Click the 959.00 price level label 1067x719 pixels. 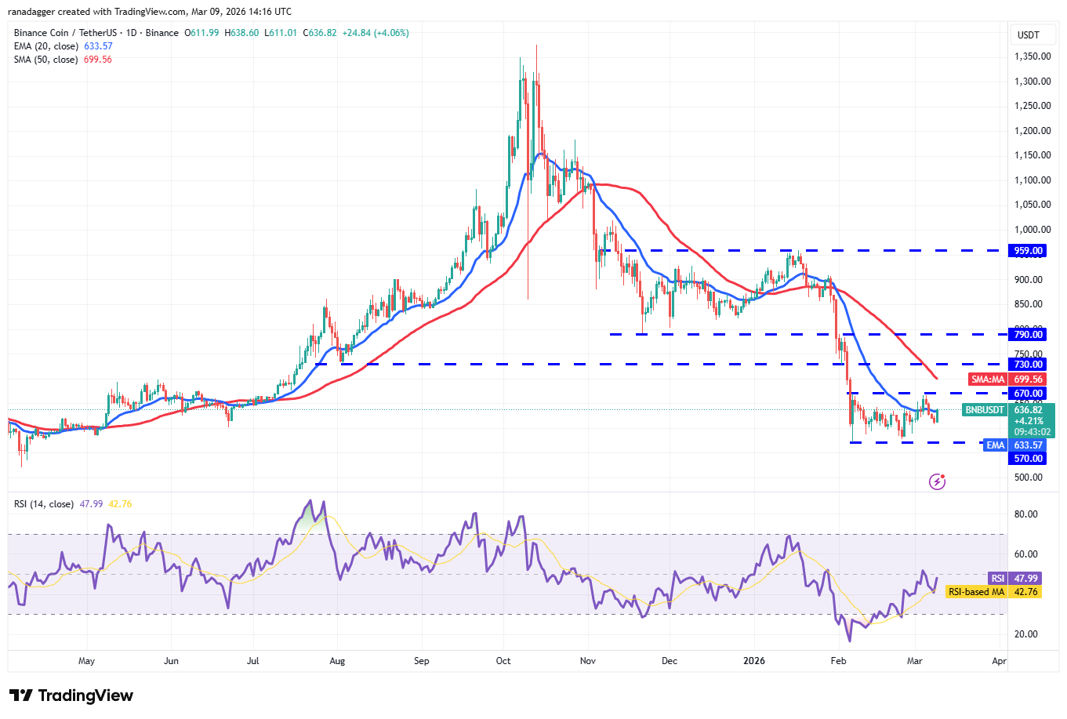coord(1028,251)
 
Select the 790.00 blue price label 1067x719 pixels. coord(1028,335)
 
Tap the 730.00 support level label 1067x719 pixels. coord(1028,365)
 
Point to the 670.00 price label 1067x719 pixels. coord(1028,394)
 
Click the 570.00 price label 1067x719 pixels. coord(1028,459)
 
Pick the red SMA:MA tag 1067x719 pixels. coord(988,379)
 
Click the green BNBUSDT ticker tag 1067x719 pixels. coord(984,410)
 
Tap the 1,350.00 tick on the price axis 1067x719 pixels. coord(1032,56)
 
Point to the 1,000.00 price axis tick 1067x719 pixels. coord(1032,230)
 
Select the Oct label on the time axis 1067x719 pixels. coord(503,661)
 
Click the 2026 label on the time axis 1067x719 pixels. coord(753,661)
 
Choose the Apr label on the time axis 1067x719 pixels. coord(999,661)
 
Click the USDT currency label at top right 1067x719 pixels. coord(1028,35)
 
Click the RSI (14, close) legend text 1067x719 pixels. coord(44,504)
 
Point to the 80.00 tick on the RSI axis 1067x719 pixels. coord(1025,514)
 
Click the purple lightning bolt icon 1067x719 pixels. coord(937,481)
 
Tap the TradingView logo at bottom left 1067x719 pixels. coord(71,695)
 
